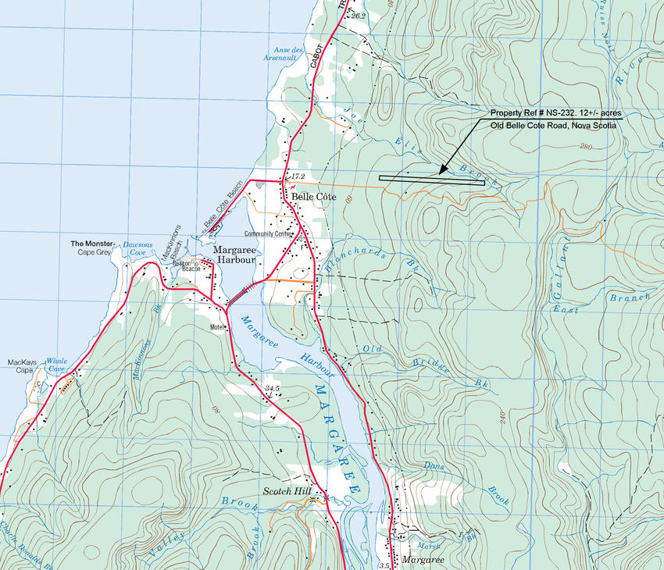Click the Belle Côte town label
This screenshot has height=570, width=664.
(x=312, y=198)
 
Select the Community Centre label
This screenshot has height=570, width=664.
(x=266, y=233)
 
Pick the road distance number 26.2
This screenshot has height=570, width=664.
(x=359, y=16)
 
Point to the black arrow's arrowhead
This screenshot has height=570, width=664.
(x=441, y=172)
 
